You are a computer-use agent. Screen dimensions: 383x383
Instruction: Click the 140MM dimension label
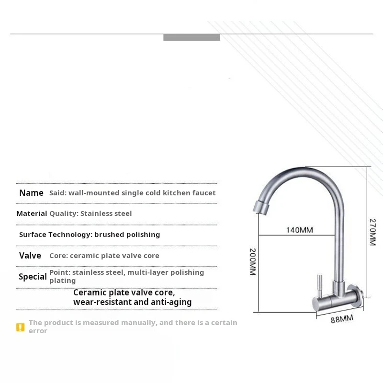(299, 230)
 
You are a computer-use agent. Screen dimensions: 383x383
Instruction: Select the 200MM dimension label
(253, 261)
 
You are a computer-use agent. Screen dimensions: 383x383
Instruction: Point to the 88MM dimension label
(342, 319)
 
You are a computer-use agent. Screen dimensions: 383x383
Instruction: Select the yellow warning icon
(20, 327)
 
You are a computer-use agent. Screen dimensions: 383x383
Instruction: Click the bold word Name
(31, 193)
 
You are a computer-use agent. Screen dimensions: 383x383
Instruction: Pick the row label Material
(32, 214)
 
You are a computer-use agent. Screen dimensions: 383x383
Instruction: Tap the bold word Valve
(30, 256)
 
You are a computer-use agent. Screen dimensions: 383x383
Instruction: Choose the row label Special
(33, 277)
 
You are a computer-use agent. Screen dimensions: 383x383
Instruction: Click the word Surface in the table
(33, 235)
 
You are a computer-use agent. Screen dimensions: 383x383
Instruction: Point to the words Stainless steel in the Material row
(106, 214)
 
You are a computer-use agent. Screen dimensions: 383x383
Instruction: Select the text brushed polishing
(127, 235)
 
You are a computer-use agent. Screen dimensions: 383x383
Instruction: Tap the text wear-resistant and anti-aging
(132, 302)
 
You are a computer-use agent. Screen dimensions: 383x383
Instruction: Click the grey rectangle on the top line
(191, 37)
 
